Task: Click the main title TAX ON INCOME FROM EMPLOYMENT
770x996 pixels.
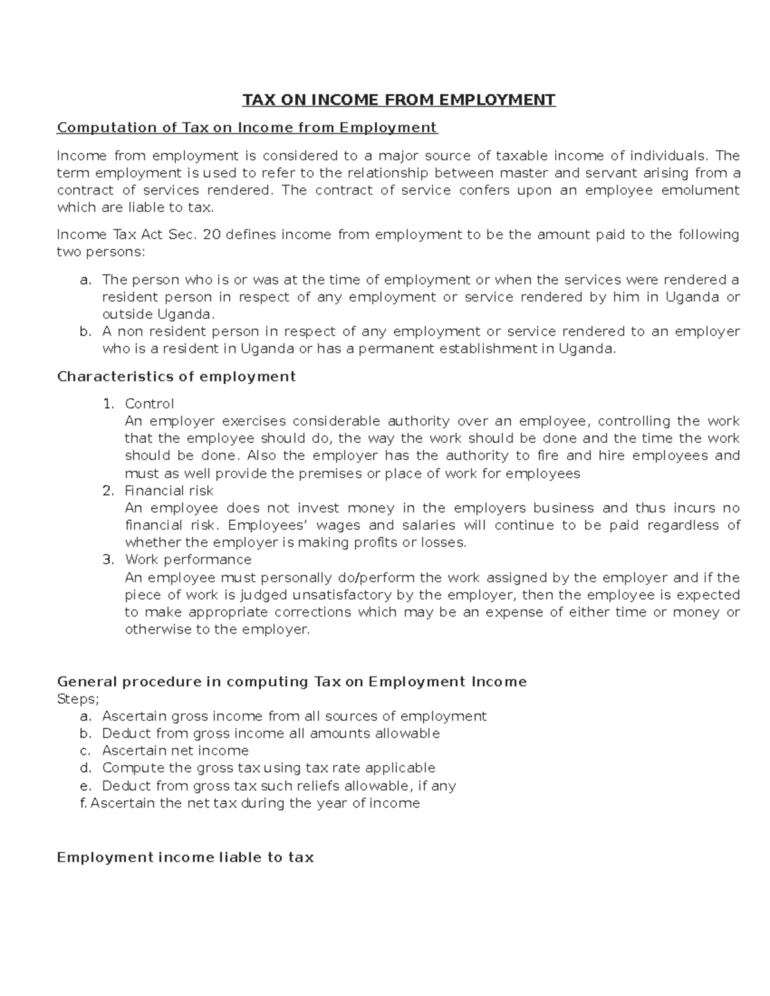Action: (x=398, y=100)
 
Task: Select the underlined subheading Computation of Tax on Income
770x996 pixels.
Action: (x=247, y=128)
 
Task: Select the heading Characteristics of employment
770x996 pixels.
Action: (x=176, y=376)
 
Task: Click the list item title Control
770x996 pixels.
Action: (x=149, y=404)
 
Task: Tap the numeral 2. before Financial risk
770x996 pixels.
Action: (x=108, y=491)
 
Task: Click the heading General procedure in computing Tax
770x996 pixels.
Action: (x=292, y=682)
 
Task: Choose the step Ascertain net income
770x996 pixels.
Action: (x=175, y=751)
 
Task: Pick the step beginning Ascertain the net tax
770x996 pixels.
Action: (x=255, y=804)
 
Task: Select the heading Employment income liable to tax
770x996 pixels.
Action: (x=185, y=858)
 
